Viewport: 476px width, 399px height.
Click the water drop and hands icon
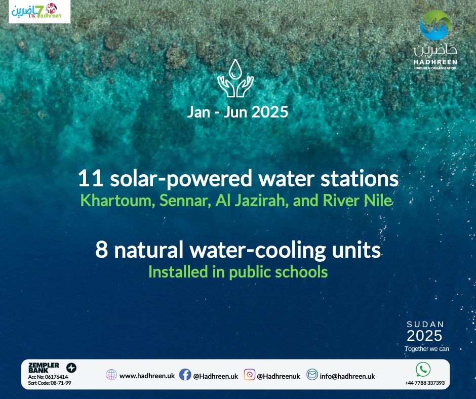click(235, 78)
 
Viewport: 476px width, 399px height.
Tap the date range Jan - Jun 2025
click(237, 112)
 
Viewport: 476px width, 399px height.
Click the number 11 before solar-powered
click(90, 179)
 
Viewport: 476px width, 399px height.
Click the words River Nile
click(358, 201)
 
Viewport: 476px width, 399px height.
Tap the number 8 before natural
click(101, 250)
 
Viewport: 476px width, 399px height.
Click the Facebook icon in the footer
click(185, 375)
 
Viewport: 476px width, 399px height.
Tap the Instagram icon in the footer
click(250, 375)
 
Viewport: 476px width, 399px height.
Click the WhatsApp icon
click(423, 369)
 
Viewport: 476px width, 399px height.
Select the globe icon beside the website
click(111, 375)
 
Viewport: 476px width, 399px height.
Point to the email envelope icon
click(312, 374)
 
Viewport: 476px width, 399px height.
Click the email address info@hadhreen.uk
click(347, 376)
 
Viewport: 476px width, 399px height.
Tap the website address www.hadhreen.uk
click(147, 376)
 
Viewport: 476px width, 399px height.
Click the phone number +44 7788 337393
click(425, 383)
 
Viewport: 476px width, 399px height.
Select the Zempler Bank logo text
click(44, 368)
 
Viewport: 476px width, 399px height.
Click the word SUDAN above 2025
click(425, 324)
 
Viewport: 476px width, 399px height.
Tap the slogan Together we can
click(426, 348)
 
